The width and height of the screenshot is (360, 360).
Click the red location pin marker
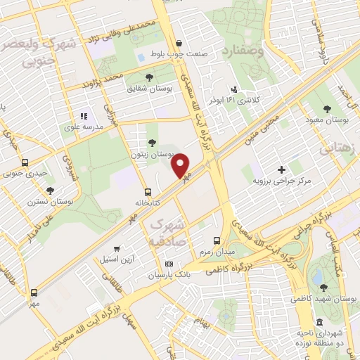click(181, 165)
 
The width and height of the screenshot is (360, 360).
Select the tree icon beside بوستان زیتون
click(153, 143)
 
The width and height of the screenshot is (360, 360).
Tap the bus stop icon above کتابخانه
click(148, 191)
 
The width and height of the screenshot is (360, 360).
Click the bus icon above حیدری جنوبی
click(25, 162)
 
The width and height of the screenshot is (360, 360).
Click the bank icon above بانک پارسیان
click(168, 264)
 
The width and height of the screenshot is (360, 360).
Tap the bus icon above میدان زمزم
click(217, 240)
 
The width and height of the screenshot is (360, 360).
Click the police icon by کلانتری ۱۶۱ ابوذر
click(234, 89)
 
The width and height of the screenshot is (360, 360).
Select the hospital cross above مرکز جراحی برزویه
click(282, 169)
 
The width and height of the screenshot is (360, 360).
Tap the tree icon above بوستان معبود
click(328, 109)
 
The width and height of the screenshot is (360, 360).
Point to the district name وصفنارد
click(244, 51)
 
